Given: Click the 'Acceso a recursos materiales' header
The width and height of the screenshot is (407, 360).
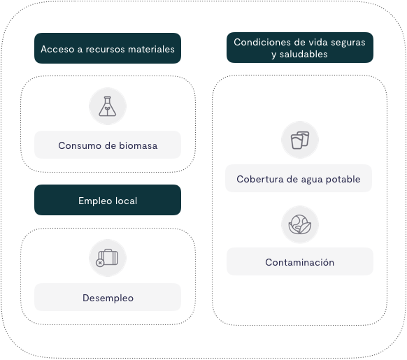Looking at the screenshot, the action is tap(108, 48).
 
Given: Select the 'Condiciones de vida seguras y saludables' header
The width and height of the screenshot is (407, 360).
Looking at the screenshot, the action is tap(300, 48).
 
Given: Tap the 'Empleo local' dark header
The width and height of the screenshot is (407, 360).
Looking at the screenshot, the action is tap(108, 200).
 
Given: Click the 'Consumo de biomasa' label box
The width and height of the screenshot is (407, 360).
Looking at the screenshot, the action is tap(108, 145).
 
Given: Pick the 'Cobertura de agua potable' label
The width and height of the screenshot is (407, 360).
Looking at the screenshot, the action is tap(299, 178).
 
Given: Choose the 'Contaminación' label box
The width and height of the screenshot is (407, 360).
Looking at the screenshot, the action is tap(300, 261).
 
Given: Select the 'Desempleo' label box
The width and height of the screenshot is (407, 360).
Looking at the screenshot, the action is tap(108, 297).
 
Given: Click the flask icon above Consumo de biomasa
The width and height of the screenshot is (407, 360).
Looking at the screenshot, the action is tap(108, 106).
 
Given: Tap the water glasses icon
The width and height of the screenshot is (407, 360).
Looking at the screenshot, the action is tap(300, 141).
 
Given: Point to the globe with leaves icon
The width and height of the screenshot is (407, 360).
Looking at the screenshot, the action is tap(300, 224).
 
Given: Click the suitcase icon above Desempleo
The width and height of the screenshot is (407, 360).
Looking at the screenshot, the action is tap(108, 258).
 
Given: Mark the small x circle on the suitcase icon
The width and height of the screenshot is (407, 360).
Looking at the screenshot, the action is tap(100, 263).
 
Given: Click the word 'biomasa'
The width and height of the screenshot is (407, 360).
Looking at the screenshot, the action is tap(138, 145).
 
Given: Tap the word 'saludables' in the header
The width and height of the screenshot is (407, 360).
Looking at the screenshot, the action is tap(304, 55).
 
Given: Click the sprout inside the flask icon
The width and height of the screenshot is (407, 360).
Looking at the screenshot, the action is tap(107, 110).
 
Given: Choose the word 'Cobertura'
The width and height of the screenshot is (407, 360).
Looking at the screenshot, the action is tap(260, 179).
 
